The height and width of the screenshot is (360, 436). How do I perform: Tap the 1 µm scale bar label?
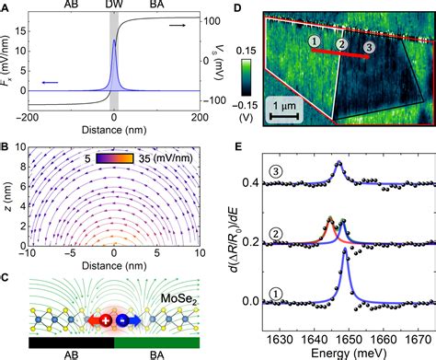293,106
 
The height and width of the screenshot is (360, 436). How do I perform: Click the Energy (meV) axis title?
345,352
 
